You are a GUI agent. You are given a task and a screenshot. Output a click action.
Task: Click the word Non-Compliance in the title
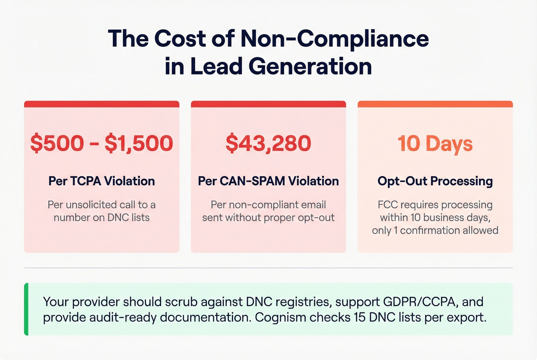pos(334,39)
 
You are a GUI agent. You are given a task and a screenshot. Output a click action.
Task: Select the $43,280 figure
pos(268,143)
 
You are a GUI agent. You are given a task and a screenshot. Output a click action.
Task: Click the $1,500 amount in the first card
pos(139,143)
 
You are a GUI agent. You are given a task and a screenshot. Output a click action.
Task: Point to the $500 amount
pos(57,143)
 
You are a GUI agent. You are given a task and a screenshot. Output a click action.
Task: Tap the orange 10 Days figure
pos(435,144)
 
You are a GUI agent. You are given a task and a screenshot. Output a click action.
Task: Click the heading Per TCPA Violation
pos(102,181)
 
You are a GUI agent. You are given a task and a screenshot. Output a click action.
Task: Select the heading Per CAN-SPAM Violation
pos(268,181)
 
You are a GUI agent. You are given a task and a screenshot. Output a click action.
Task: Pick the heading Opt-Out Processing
pos(435,181)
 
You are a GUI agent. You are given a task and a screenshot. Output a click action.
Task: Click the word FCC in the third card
pos(387,205)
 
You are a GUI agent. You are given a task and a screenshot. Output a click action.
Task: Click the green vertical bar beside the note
pos(26,309)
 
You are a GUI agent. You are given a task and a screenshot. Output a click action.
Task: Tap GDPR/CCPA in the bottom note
pos(420,302)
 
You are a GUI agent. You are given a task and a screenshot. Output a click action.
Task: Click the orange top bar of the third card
pos(435,104)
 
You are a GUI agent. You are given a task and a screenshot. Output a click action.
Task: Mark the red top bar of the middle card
pos(268,104)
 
